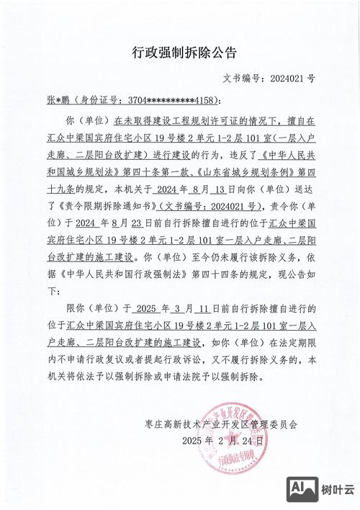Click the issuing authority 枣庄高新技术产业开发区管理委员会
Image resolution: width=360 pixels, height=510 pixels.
point(226,424)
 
